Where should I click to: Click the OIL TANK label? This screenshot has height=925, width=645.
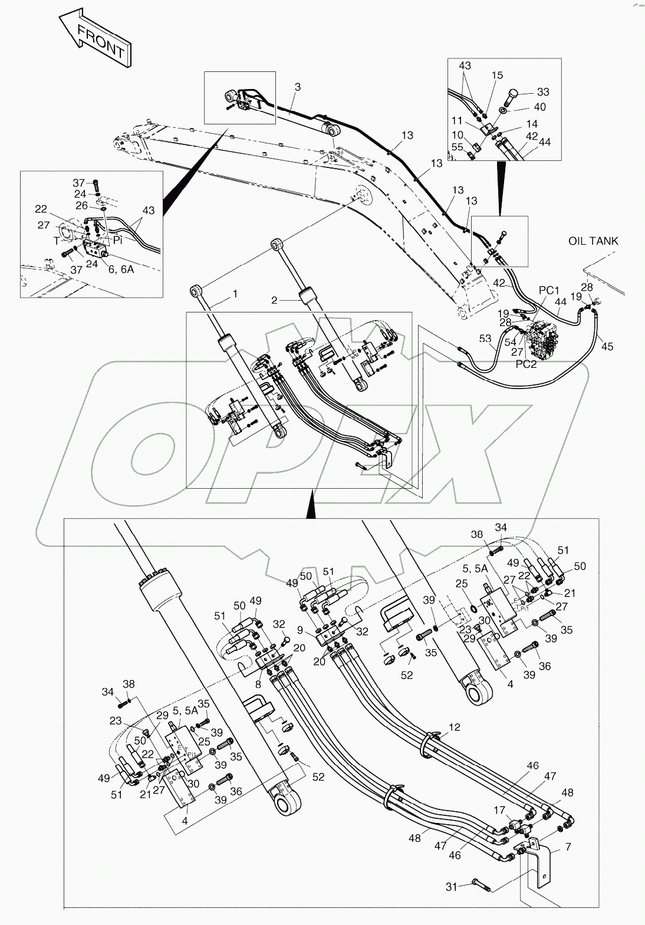tap(593, 241)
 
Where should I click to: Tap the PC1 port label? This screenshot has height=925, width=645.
tap(548, 291)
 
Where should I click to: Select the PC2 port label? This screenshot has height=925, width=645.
tap(527, 364)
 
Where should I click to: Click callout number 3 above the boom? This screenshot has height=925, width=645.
tap(298, 87)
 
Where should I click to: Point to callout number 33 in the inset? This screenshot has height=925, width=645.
tap(542, 92)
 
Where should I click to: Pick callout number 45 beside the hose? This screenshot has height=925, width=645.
tap(607, 346)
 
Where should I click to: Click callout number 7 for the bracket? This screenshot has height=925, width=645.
tap(567, 847)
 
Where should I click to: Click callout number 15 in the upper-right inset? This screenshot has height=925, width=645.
tap(497, 75)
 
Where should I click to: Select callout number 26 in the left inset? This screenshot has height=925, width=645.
tap(81, 205)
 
